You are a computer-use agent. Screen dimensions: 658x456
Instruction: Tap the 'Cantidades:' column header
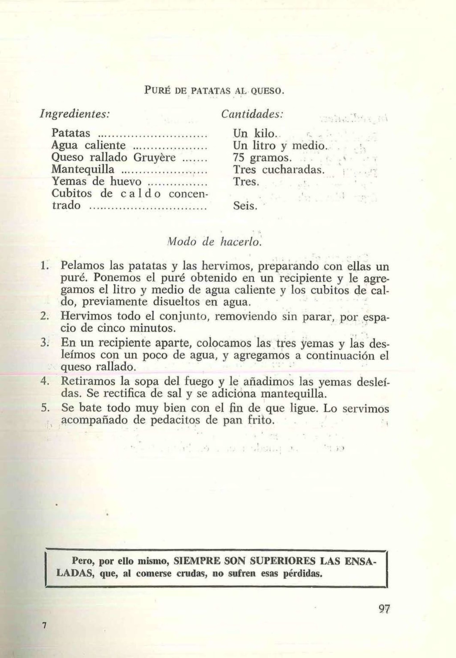pyautogui.click(x=252, y=114)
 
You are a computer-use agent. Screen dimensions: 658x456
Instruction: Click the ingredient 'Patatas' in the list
pyautogui.click(x=71, y=133)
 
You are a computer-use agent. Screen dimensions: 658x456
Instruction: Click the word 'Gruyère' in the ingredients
pyautogui.click(x=157, y=157)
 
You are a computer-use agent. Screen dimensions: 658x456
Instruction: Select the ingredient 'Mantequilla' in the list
pyautogui.click(x=84, y=170)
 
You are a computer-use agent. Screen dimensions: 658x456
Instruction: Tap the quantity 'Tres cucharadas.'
pyautogui.click(x=279, y=170)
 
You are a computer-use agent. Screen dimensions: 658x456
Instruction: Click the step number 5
pyautogui.click(x=44, y=408)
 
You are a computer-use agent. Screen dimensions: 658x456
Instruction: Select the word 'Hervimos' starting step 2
pyautogui.click(x=88, y=317)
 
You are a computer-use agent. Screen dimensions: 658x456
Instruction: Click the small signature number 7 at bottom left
pyautogui.click(x=44, y=625)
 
